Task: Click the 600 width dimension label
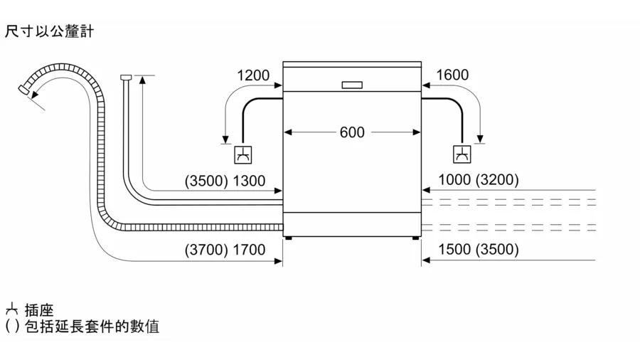point(352,132)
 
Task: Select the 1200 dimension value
point(253,75)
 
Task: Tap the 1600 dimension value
point(452,75)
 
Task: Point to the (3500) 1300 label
point(225,181)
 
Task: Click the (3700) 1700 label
point(225,250)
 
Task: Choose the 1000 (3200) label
point(479,179)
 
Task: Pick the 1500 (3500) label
point(479,249)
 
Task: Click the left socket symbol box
point(243,154)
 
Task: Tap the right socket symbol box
point(462,154)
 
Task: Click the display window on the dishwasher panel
point(352,85)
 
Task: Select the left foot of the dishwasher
point(289,238)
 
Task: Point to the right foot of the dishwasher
point(415,238)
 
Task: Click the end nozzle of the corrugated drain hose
point(24,90)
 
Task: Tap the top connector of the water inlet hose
point(126,77)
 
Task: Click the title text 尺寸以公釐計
point(49,31)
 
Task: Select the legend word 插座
point(39,310)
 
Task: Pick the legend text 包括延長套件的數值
point(92,327)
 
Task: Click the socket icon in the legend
point(11,309)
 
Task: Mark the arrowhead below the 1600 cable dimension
point(481,139)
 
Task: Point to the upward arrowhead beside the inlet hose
point(142,80)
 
